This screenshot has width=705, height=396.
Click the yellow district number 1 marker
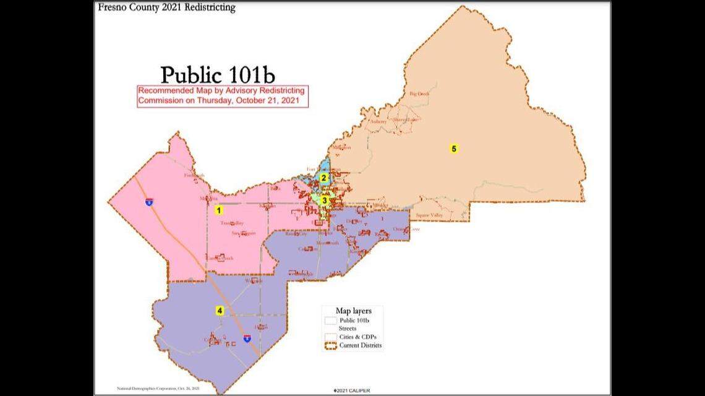pyautogui.click(x=218, y=210)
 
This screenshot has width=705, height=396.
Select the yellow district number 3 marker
pyautogui.click(x=324, y=200)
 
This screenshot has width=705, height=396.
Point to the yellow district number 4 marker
pyautogui.click(x=219, y=311)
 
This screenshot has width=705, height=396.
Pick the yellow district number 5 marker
pyautogui.click(x=453, y=148)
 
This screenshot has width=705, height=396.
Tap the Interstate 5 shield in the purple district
pyautogui.click(x=247, y=338)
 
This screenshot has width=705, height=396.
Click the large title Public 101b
pyautogui.click(x=217, y=74)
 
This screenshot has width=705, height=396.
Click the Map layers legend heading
pyautogui.click(x=351, y=310)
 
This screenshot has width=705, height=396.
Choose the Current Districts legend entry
pyautogui.click(x=360, y=345)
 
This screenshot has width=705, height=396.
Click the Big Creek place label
pyautogui.click(x=419, y=94)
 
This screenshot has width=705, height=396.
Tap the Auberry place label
pyautogui.click(x=378, y=121)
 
